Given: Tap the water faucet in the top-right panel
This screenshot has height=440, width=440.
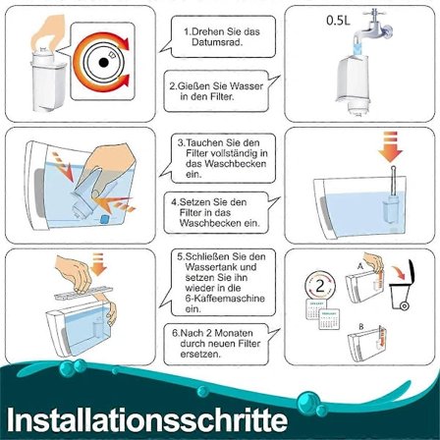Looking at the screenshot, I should (377, 26).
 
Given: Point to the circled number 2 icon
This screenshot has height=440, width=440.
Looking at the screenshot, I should (320, 286).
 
